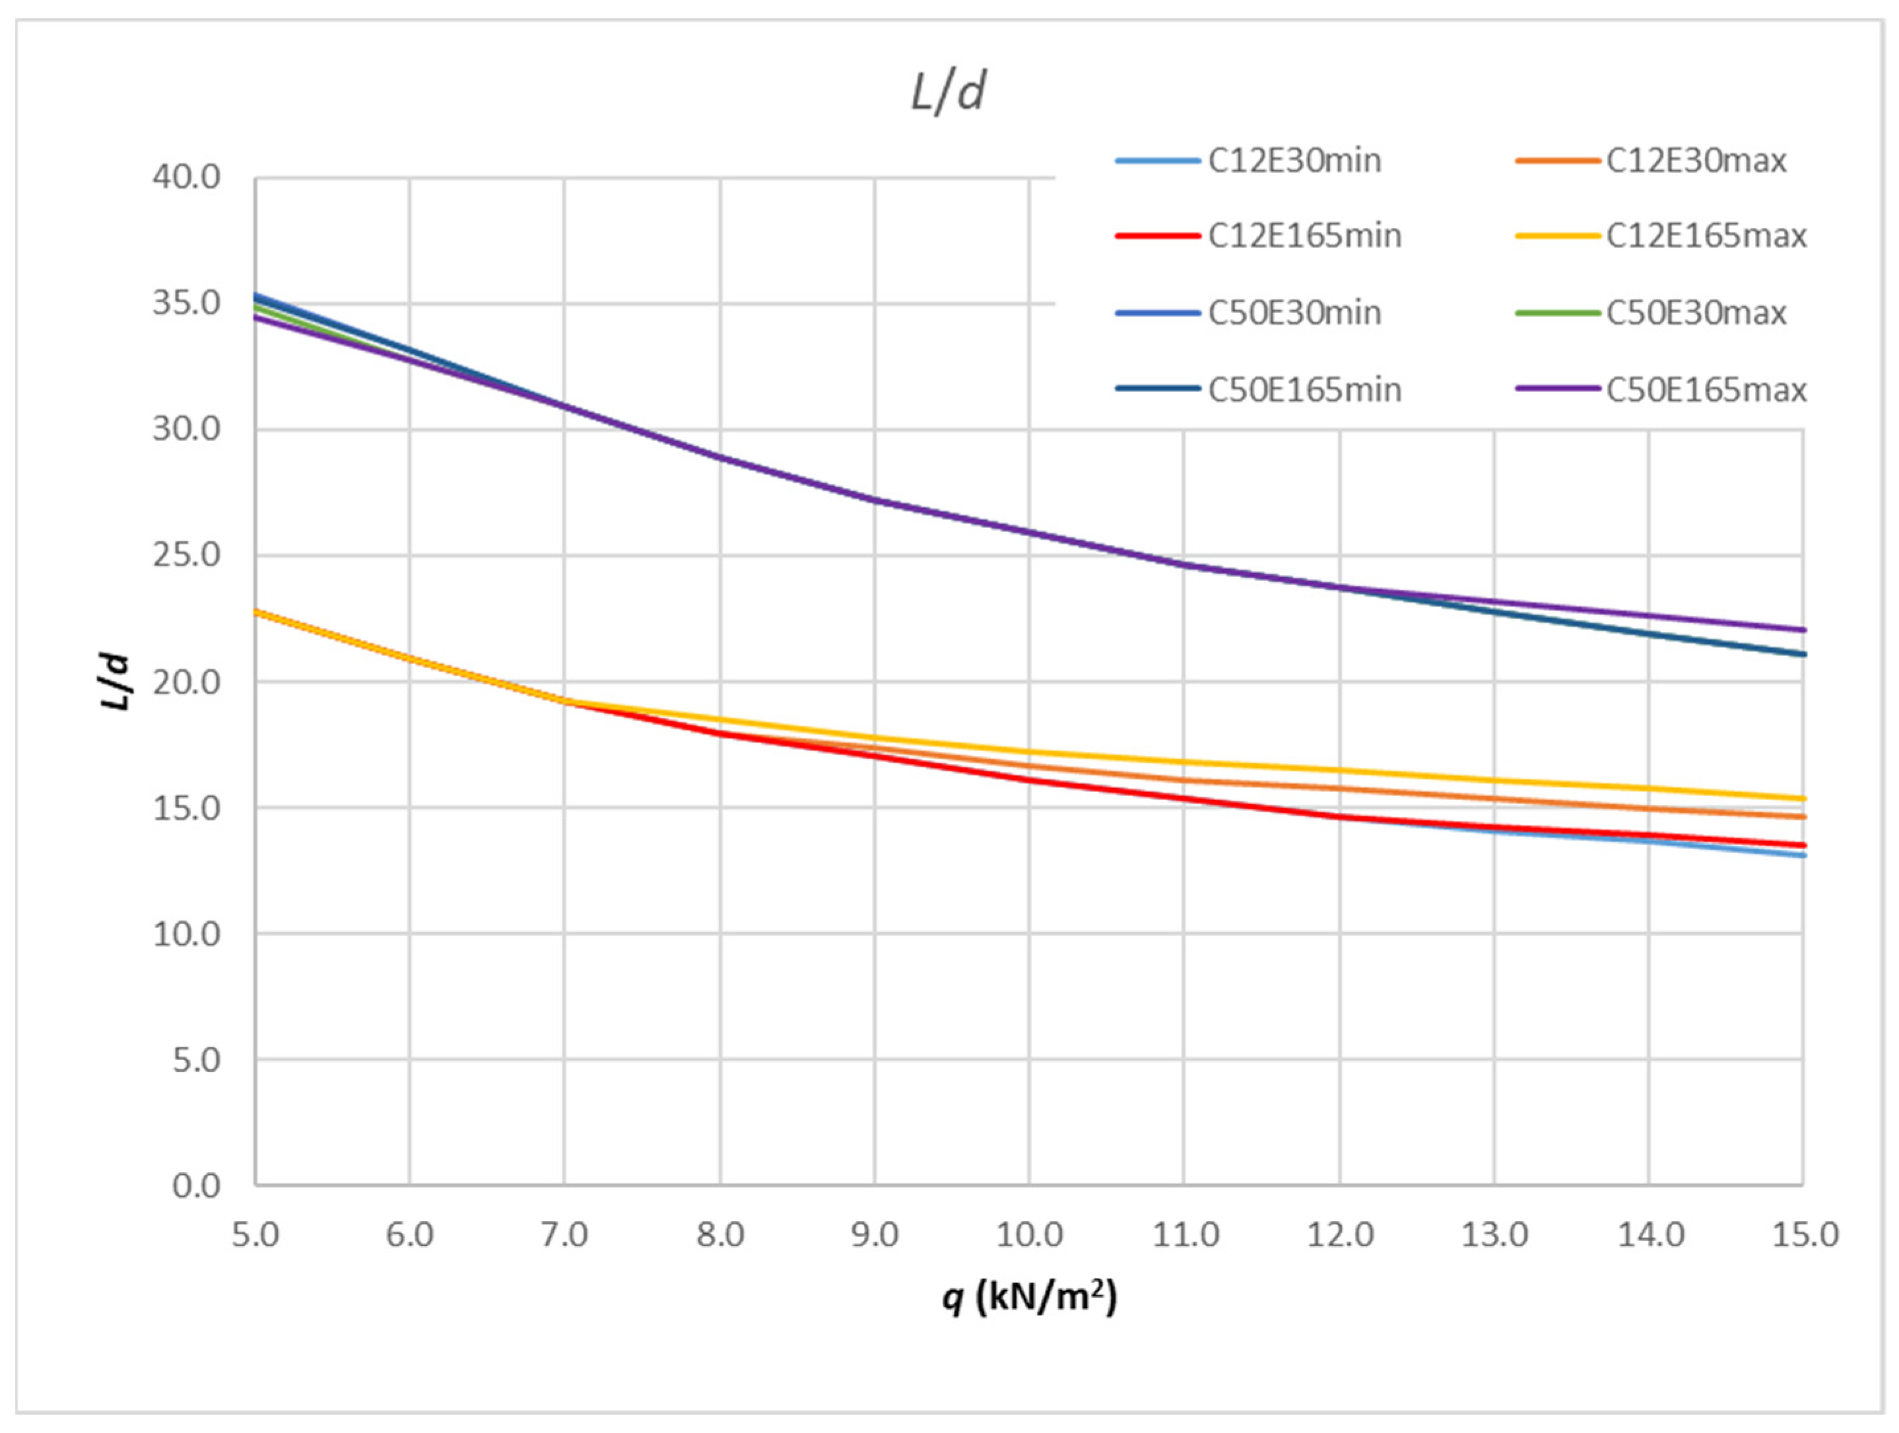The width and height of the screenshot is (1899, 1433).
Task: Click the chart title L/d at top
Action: click(x=948, y=92)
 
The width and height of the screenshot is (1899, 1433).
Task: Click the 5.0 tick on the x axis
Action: click(x=255, y=1235)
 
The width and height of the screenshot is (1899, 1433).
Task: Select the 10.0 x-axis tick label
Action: click(x=1028, y=1235)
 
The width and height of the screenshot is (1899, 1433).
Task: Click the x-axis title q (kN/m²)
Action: click(x=1028, y=1296)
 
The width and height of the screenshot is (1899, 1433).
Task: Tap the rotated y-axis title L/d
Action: click(x=116, y=682)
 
